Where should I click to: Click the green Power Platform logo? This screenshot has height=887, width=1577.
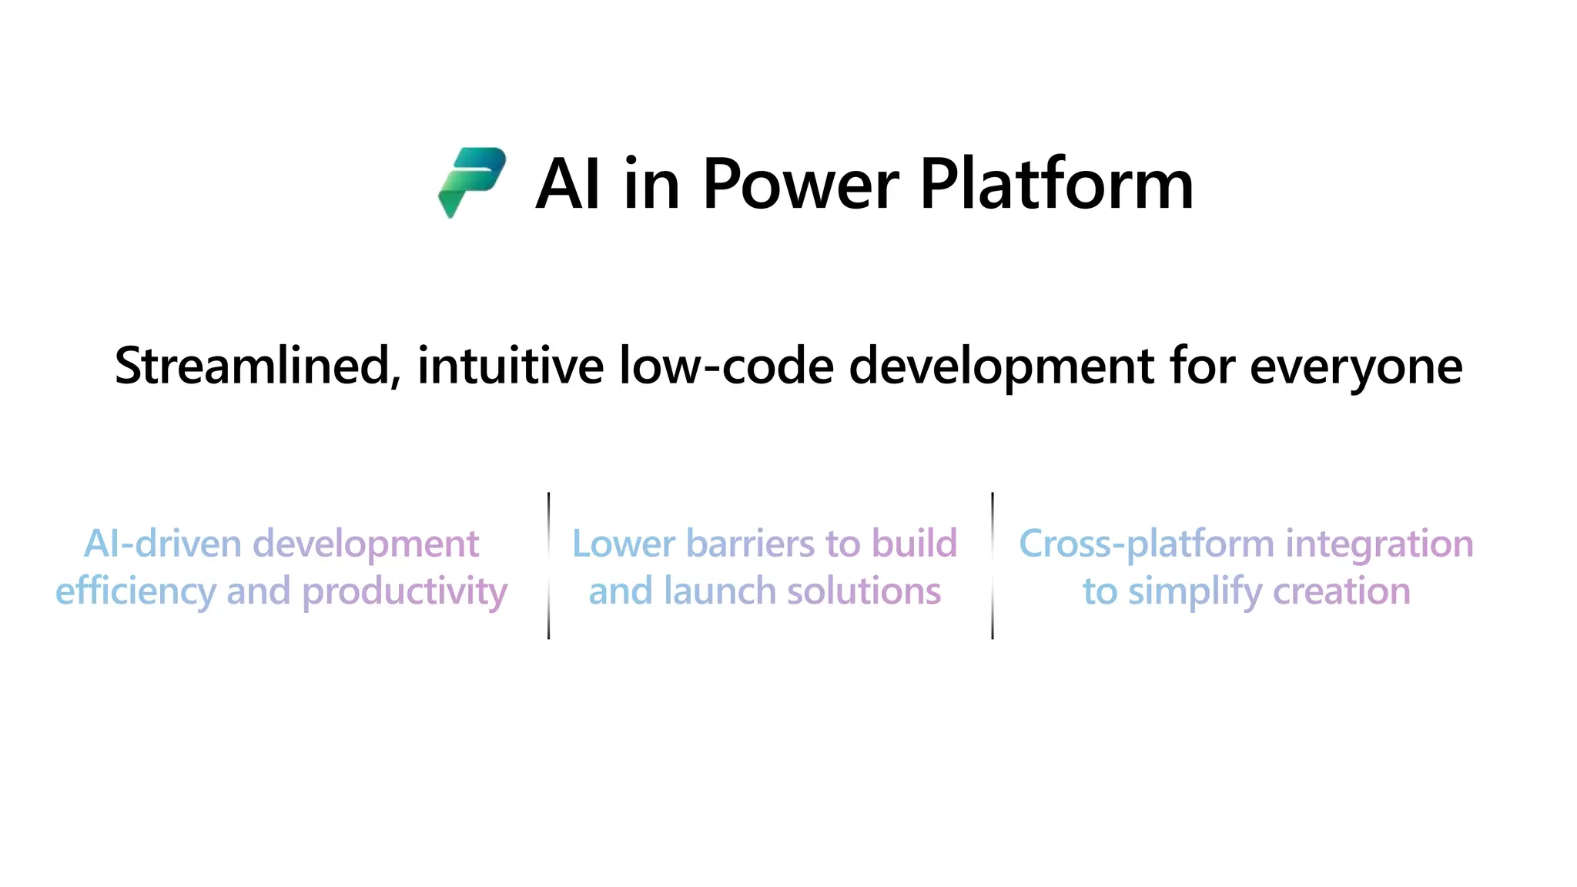(x=471, y=182)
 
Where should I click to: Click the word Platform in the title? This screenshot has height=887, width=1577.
(x=1056, y=184)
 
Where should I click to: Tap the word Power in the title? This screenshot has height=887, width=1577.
(x=800, y=184)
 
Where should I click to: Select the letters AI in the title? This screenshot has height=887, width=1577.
(x=568, y=184)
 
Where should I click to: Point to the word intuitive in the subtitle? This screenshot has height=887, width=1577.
(x=511, y=366)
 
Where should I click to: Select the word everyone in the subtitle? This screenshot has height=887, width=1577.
(x=1355, y=367)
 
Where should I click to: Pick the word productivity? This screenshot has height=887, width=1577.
(x=404, y=592)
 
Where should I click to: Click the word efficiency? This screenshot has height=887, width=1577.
(x=136, y=592)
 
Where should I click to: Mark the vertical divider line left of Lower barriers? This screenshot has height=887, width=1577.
(x=548, y=566)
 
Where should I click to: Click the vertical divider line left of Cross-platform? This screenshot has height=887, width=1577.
(x=993, y=566)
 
